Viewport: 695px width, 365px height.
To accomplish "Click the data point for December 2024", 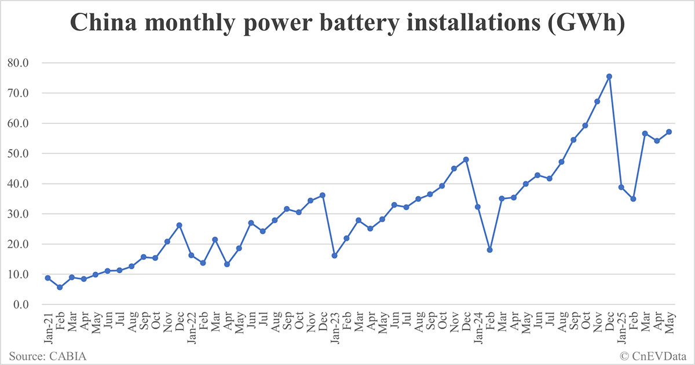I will coord(609,76).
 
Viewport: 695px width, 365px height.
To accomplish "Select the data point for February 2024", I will coord(490,250).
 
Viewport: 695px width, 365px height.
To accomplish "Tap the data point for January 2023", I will coord(334,255).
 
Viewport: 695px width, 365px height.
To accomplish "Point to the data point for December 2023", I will coord(466,160).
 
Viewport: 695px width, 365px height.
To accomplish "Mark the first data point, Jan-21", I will coord(47,278).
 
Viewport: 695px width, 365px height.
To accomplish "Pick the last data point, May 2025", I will coord(669,132).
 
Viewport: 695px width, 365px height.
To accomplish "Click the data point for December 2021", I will coord(179,225).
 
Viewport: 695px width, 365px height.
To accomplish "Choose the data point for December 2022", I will coord(323,196).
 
